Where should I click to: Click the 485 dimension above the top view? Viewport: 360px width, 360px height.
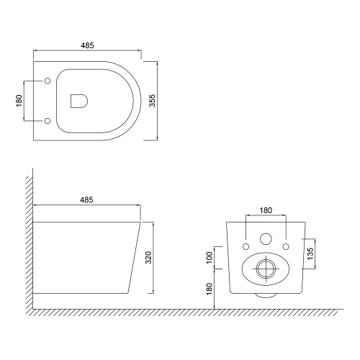pyautogui.click(x=87, y=45)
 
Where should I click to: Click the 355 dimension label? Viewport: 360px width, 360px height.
pyautogui.click(x=153, y=101)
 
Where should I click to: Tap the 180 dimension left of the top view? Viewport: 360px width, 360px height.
pyautogui.click(x=19, y=101)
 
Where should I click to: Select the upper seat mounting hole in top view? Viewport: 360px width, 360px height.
pyautogui.click(x=48, y=81)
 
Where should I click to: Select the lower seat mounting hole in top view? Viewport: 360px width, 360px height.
pyautogui.click(x=48, y=121)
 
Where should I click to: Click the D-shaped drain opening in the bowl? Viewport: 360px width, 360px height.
pyautogui.click(x=79, y=101)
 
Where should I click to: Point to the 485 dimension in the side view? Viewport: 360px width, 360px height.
pyautogui.click(x=86, y=200)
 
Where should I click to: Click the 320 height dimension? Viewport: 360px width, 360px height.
pyautogui.click(x=149, y=257)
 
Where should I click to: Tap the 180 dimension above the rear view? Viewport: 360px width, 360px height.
pyautogui.click(x=266, y=210)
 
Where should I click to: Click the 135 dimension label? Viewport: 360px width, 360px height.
pyautogui.click(x=310, y=253)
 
